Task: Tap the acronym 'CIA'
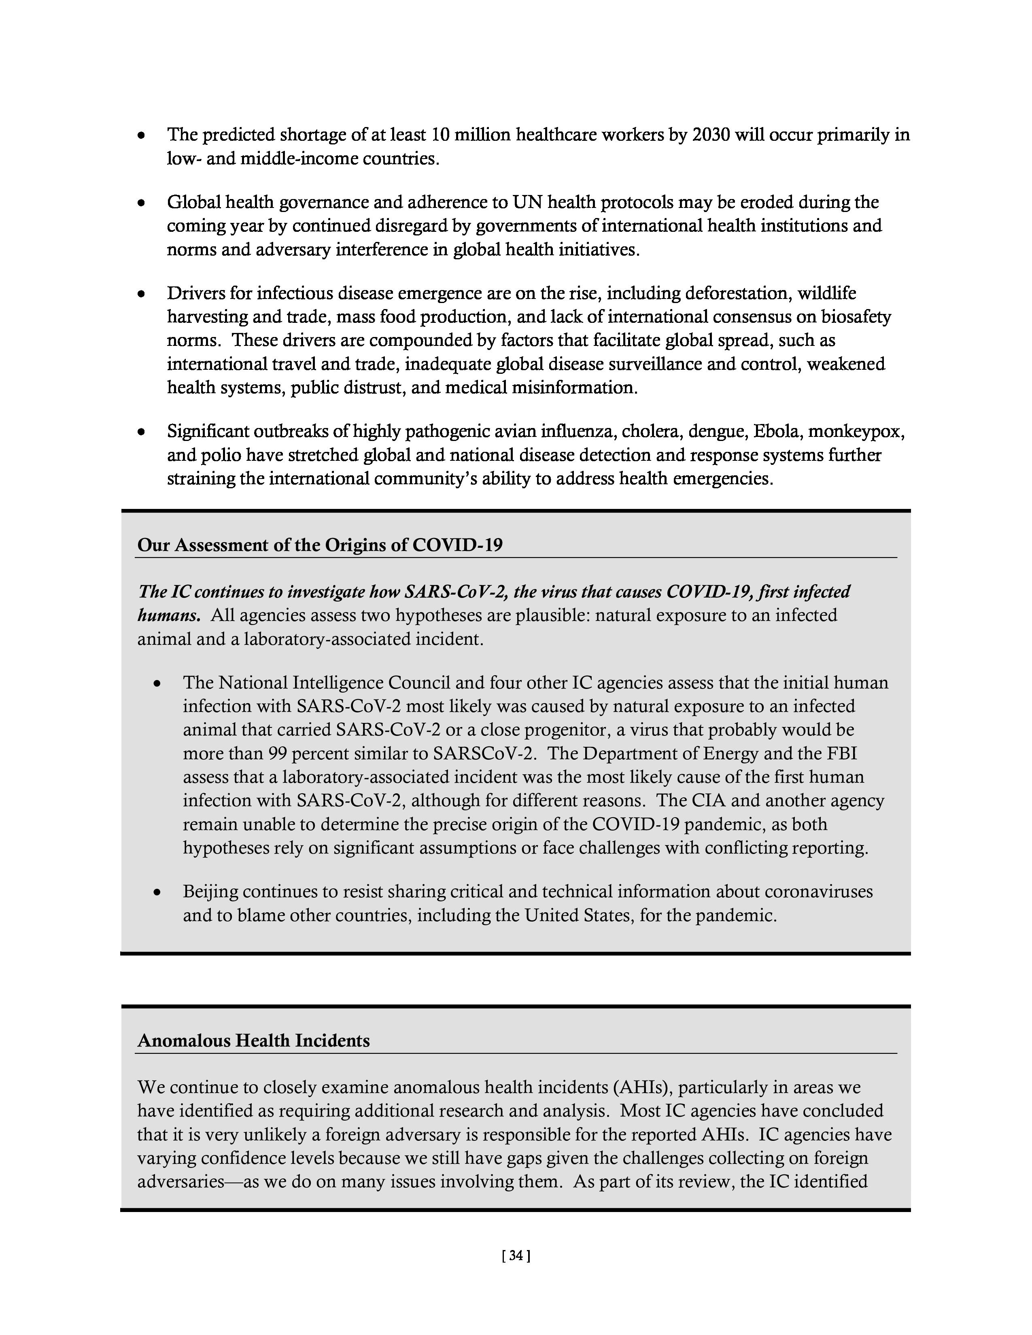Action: (x=708, y=801)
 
